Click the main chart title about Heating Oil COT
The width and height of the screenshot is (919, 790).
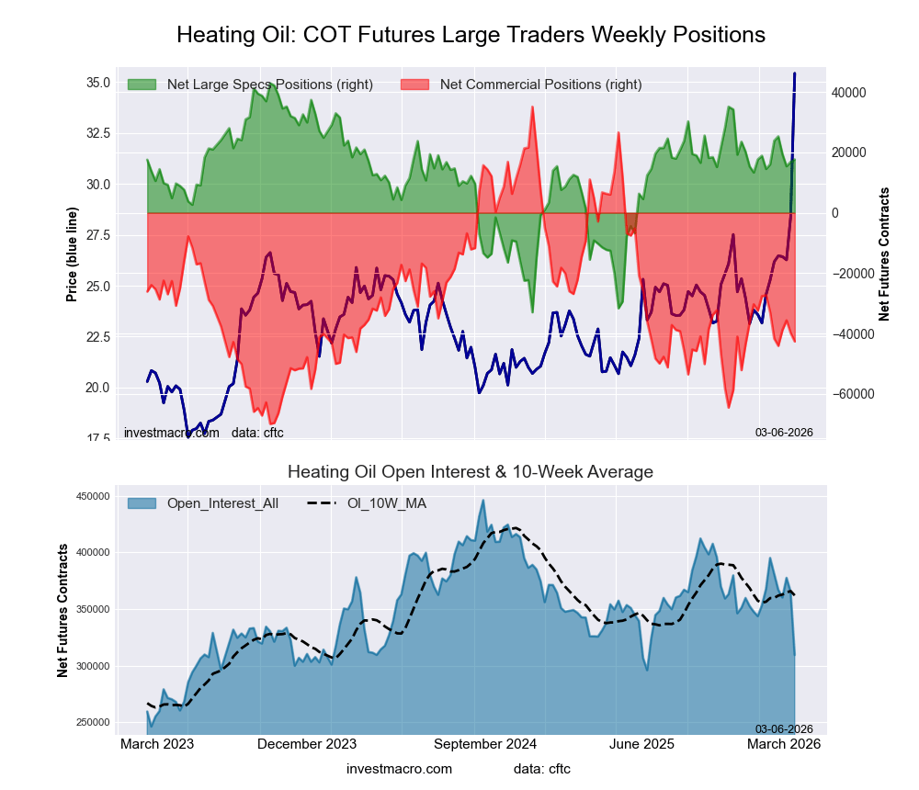click(471, 35)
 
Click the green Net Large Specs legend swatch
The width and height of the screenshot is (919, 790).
click(142, 85)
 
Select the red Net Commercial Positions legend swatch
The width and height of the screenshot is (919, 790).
click(415, 85)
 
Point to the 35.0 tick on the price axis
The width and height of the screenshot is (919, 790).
click(98, 83)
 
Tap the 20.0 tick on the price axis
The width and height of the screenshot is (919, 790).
click(98, 388)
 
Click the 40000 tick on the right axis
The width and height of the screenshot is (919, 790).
click(851, 93)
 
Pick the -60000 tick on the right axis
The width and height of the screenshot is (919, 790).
click(851, 394)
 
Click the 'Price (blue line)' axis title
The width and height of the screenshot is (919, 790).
click(72, 254)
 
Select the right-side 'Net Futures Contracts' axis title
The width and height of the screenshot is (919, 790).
click(884, 254)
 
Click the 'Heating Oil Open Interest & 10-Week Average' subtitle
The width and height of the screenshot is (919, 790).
click(471, 472)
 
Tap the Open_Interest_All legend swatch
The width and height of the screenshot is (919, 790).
click(142, 503)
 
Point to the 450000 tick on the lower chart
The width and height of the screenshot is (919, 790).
click(91, 496)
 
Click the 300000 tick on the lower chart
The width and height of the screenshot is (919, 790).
click(91, 666)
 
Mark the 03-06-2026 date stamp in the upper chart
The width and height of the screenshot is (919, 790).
click(784, 432)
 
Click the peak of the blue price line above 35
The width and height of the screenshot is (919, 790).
click(795, 73)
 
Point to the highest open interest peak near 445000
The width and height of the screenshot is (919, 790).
click(482, 501)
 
